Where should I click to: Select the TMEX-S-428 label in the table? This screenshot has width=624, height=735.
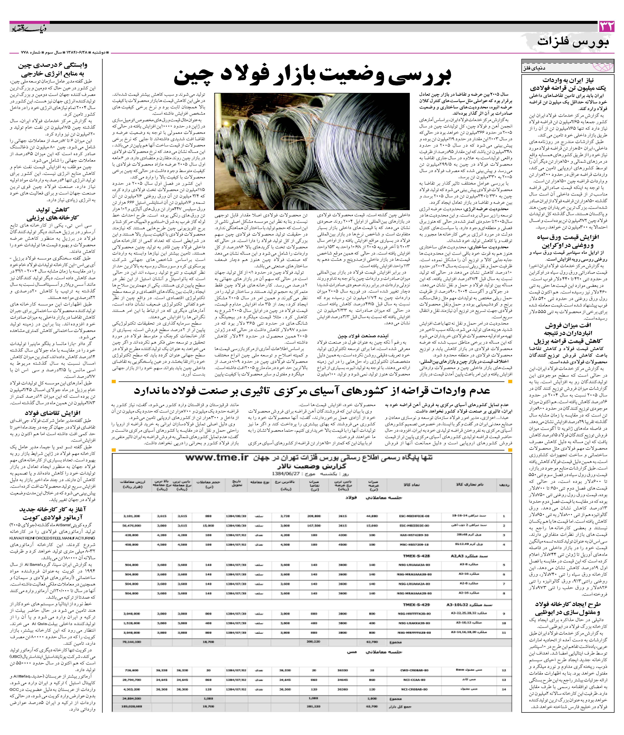tap(416, 556)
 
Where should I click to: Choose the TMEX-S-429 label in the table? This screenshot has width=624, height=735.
tap(416, 605)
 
